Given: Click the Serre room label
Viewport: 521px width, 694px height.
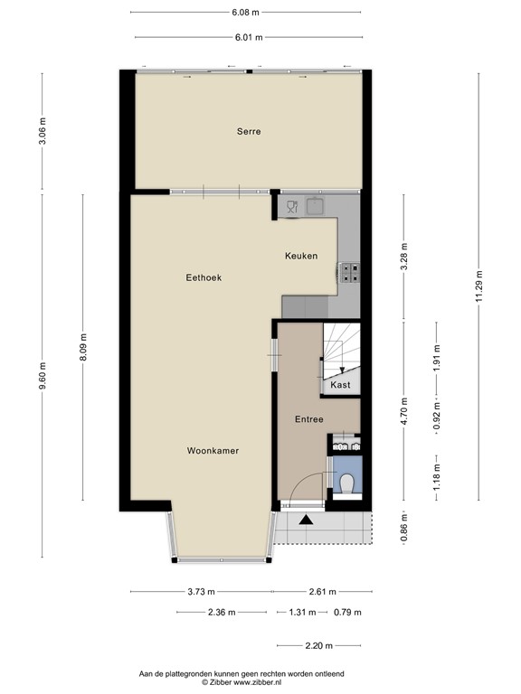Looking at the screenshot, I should click(249, 132).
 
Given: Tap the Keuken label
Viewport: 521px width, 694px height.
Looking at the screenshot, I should click(301, 257).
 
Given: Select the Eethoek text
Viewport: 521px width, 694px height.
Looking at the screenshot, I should click(204, 278).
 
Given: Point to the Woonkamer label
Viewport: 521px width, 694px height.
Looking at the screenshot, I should click(213, 450).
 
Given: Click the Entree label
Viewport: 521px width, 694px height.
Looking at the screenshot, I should click(309, 420).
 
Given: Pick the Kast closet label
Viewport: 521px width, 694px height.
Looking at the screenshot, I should click(341, 385).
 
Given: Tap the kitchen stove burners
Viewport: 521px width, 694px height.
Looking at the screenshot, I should click(350, 271).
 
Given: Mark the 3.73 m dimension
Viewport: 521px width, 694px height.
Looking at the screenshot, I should click(201, 592).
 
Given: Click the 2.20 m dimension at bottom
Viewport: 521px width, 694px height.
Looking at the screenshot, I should click(318, 645).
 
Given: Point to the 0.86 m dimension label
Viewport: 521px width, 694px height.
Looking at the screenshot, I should click(404, 528).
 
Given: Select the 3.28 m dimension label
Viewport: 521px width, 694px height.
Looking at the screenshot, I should click(404, 256).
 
